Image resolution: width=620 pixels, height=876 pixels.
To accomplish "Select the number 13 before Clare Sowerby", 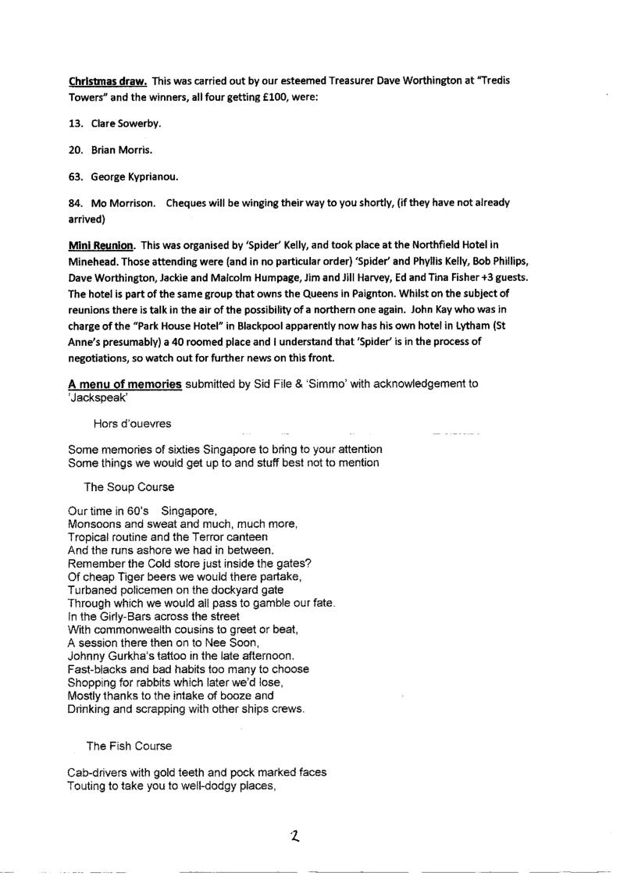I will pyautogui.click(x=76, y=123).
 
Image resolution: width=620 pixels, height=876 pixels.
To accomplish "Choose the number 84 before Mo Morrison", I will pyautogui.click(x=76, y=203).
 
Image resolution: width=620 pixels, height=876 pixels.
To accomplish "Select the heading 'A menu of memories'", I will pyautogui.click(x=125, y=383).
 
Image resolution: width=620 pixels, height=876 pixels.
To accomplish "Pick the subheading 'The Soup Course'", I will pyautogui.click(x=129, y=486).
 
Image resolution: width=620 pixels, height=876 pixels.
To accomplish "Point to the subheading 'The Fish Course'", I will pyautogui.click(x=129, y=746).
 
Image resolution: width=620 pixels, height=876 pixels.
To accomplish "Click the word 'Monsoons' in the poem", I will pyautogui.click(x=94, y=523).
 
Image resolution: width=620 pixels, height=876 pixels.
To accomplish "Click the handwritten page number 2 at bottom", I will pyautogui.click(x=294, y=836).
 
